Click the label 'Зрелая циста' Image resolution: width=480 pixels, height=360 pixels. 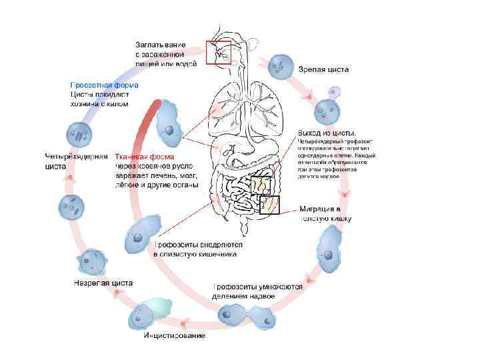click(323, 69)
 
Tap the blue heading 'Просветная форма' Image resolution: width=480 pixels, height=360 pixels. click(105, 85)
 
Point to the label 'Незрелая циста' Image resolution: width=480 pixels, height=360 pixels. click(103, 283)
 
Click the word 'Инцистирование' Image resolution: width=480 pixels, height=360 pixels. click(175, 334)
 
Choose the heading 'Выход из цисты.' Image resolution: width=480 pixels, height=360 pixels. click(327, 132)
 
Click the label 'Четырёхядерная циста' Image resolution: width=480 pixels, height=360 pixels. click(75, 161)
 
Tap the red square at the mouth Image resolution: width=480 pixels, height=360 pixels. click(218, 52)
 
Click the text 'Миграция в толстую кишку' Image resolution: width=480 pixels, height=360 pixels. click(325, 213)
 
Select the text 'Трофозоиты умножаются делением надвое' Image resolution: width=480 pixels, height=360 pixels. click(257, 291)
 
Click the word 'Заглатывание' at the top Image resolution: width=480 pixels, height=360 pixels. click(163, 44)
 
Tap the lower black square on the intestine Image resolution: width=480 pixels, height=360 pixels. click(269, 205)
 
